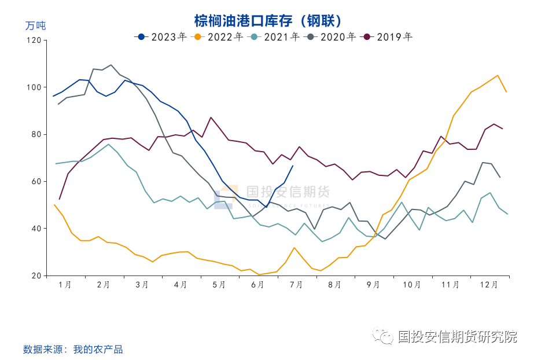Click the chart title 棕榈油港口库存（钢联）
(x=268, y=21)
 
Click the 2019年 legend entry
(x=387, y=37)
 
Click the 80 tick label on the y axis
(x=36, y=134)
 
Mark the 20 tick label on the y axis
(x=36, y=275)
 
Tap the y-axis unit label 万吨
(x=35, y=25)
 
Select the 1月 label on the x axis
(x=65, y=285)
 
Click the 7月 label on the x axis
(x=296, y=285)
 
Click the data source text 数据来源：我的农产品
(x=73, y=349)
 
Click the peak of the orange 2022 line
(x=498, y=75)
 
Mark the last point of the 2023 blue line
(x=293, y=166)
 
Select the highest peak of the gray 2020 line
(x=111, y=65)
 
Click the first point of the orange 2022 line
(x=54, y=205)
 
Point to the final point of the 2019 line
(x=502, y=128)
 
